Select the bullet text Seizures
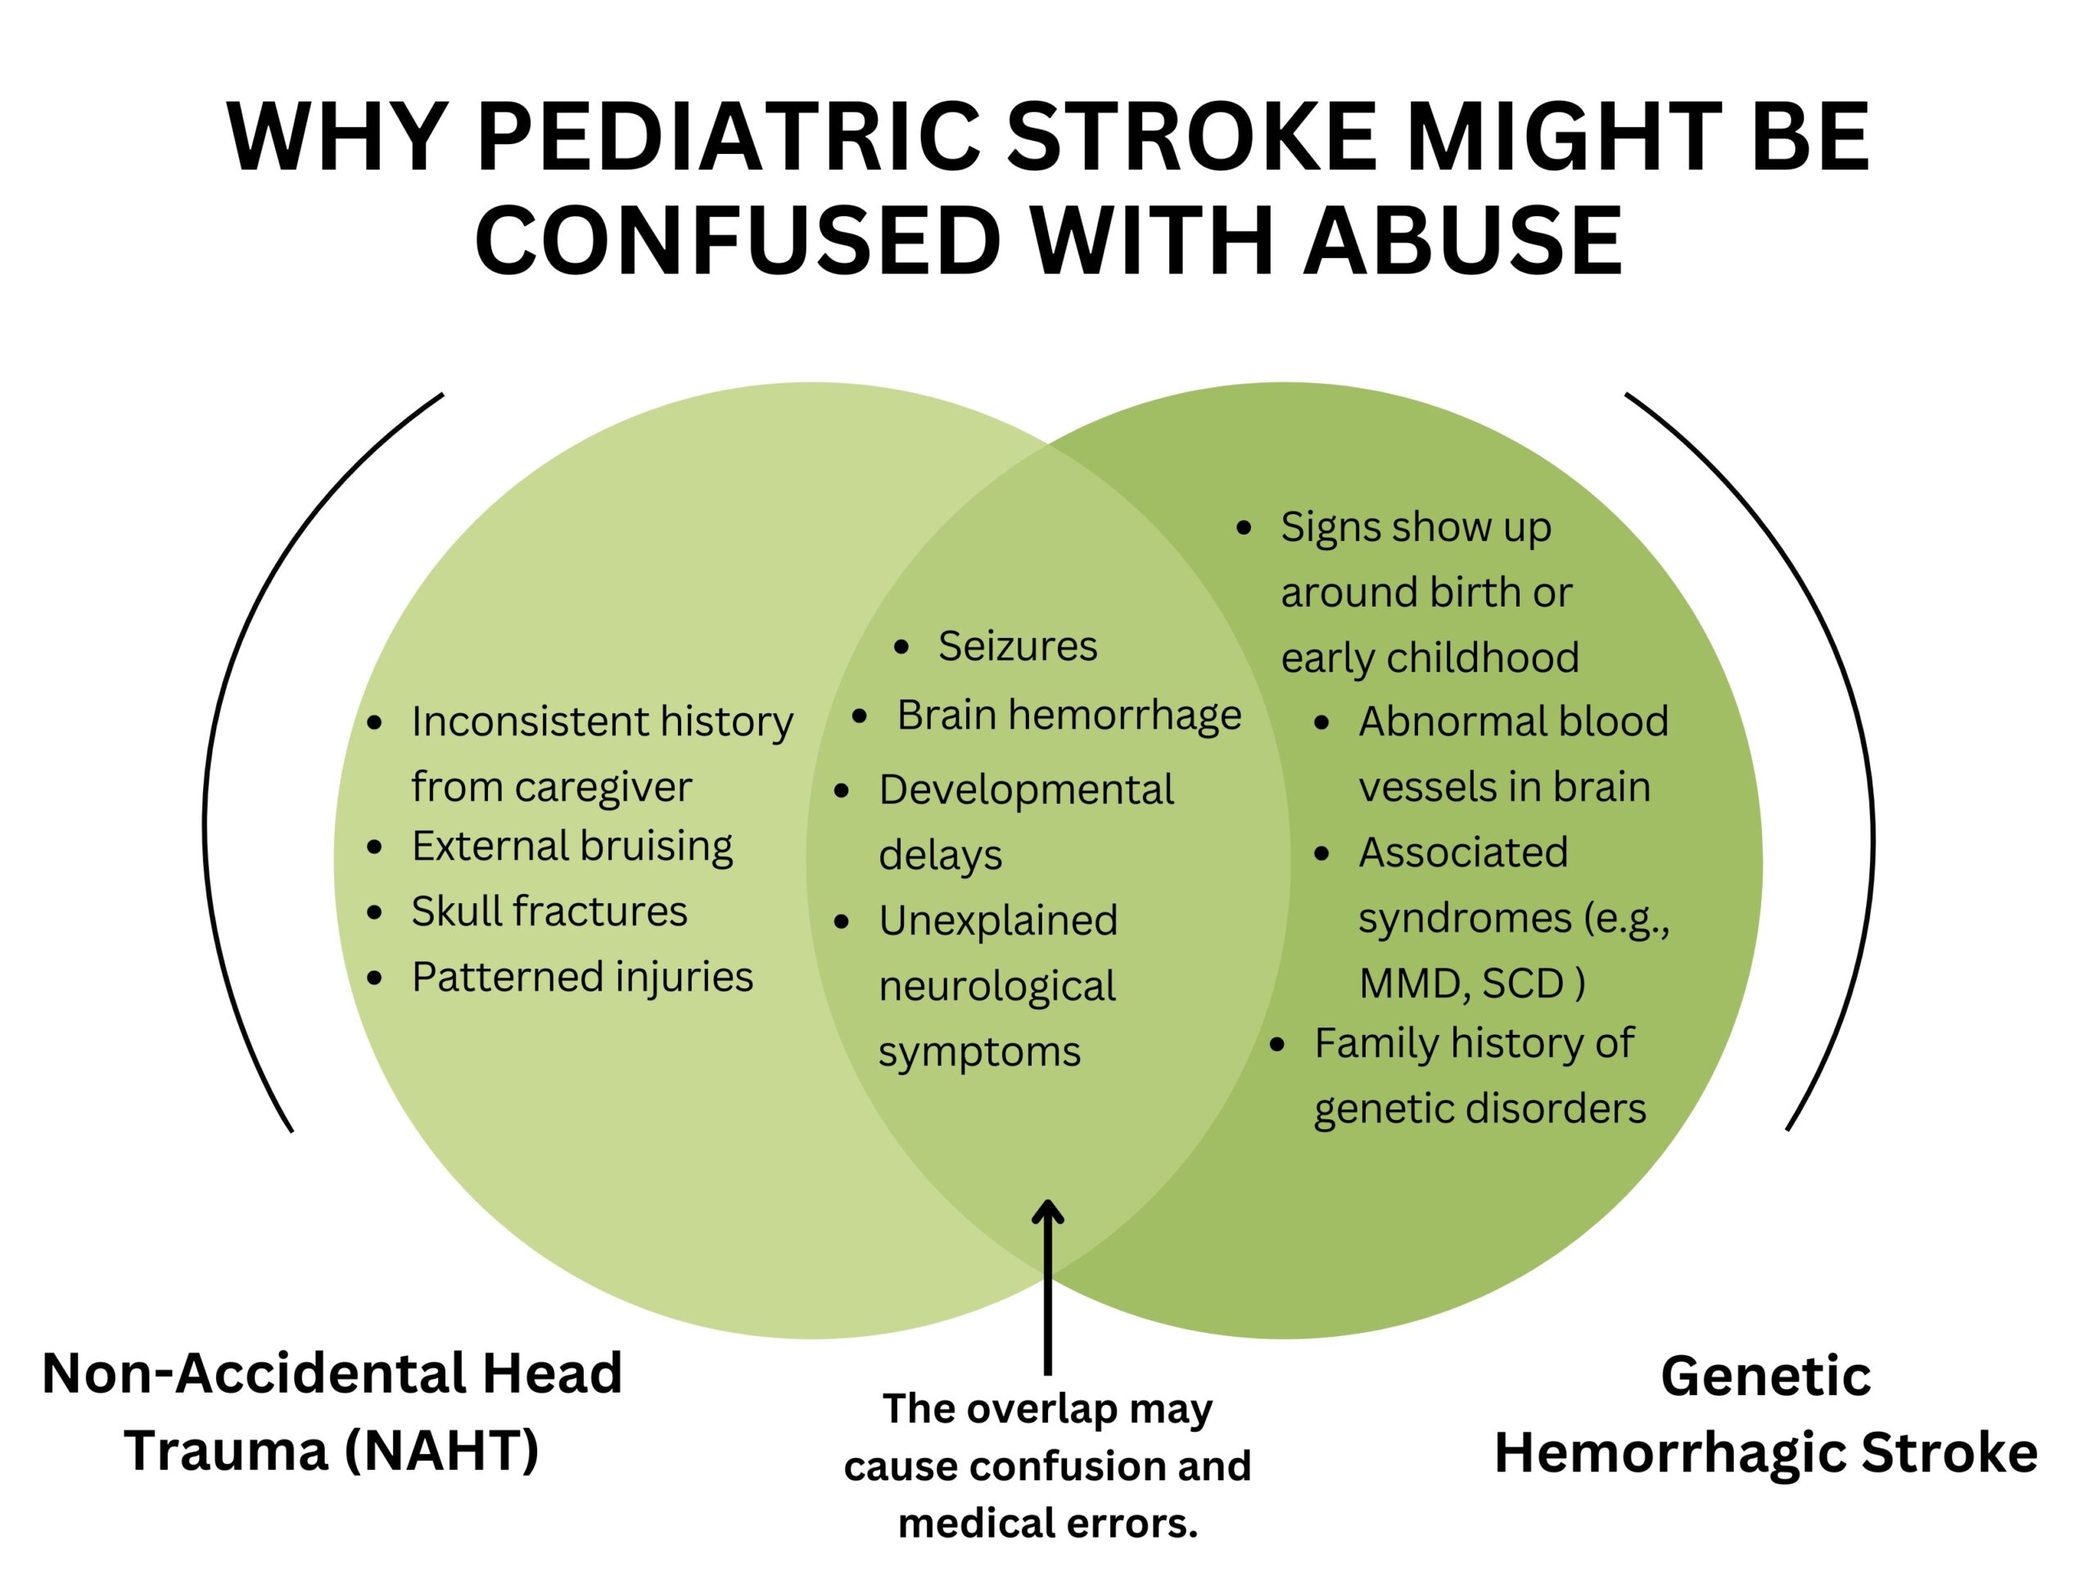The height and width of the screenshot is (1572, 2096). [x=1018, y=646]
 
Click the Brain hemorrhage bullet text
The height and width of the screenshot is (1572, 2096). [x=1068, y=716]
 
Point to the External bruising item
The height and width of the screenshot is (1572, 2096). [x=572, y=846]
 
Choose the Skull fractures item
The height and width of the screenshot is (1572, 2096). [x=549, y=911]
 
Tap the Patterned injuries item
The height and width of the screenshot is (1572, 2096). [x=583, y=977]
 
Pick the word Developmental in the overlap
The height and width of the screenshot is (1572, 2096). [x=1026, y=790]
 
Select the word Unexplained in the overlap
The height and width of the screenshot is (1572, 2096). [x=999, y=921]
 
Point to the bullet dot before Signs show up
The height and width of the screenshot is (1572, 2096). [x=1245, y=529]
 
